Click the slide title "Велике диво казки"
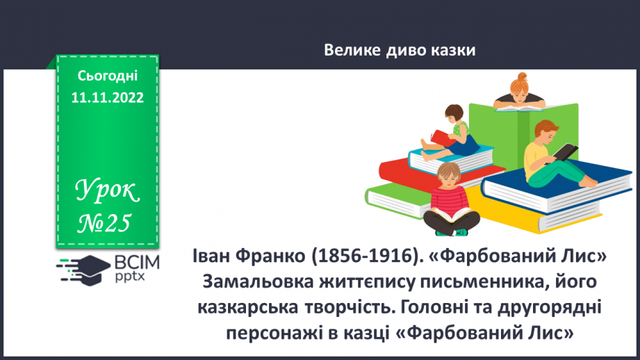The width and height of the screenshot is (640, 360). [x=400, y=50]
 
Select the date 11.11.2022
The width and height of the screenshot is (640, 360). [x=108, y=97]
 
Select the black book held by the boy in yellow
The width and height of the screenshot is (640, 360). [x=566, y=152]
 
